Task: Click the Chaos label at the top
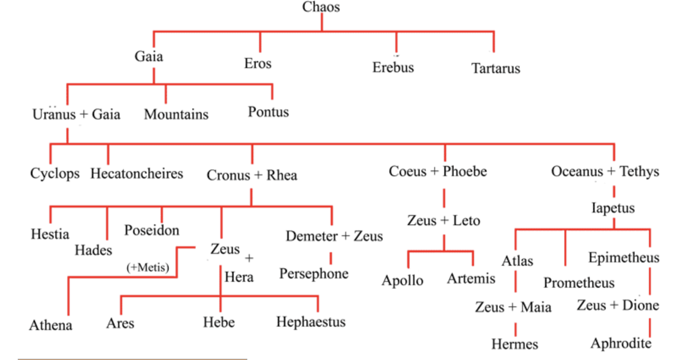pos(321,7)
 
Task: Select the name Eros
pos(257,63)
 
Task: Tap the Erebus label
pos(393,68)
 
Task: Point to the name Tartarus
pos(495,68)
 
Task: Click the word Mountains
pos(176,115)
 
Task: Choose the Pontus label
pos(268,112)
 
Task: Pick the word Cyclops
pos(55,174)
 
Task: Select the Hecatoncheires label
pos(137,174)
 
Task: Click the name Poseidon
pos(152,230)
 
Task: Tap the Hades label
pos(93,250)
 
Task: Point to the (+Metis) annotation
pos(148,267)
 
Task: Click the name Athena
pos(51,325)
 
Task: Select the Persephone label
pos(314,274)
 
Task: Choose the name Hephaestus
pos(311,322)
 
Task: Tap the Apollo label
pos(402,281)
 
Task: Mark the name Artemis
pos(471,279)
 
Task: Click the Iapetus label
pos(613,208)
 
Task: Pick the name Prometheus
pos(579,283)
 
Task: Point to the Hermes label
pos(514,344)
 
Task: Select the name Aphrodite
pos(621,344)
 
